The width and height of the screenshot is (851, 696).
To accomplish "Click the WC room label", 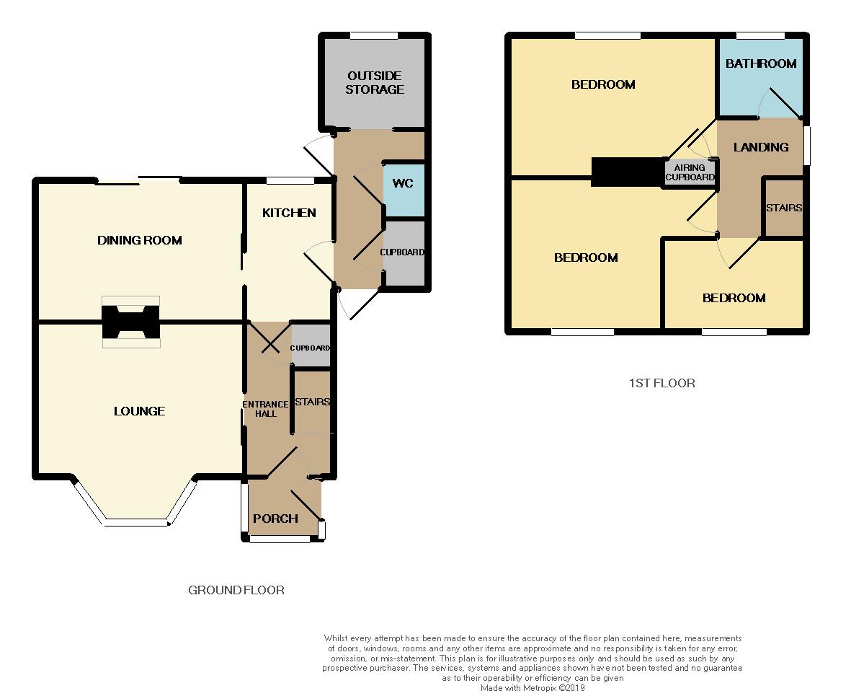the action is [403, 183].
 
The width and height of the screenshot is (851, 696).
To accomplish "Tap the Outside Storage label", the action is [375, 83].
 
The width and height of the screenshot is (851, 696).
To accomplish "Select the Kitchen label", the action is [289, 213].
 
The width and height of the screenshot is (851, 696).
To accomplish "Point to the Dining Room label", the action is [140, 240].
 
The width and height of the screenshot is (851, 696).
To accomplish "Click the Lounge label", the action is [140, 411].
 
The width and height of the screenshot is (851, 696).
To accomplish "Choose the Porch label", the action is [276, 519].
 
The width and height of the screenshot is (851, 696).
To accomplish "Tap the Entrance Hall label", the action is [265, 408].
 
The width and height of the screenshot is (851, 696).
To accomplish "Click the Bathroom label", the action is [761, 63].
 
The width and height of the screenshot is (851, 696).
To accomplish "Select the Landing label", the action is [761, 147].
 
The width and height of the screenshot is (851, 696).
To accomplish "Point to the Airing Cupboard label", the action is [690, 172].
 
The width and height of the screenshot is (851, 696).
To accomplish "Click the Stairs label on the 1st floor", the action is [784, 208].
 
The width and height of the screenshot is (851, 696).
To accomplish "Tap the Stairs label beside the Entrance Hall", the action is [313, 402].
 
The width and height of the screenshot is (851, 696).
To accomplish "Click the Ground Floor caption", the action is [236, 590].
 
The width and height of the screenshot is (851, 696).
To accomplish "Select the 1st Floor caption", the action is [661, 383].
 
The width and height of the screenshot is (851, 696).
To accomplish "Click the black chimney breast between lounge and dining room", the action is [131, 322].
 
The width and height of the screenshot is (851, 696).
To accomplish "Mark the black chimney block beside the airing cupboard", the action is [627, 172].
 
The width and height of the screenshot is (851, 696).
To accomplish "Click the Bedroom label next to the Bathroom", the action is [604, 84].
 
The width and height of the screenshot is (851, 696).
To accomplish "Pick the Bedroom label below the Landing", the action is [734, 298].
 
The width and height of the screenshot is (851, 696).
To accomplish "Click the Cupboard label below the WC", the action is [402, 252].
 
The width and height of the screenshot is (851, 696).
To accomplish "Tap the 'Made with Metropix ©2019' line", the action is [533, 688].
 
